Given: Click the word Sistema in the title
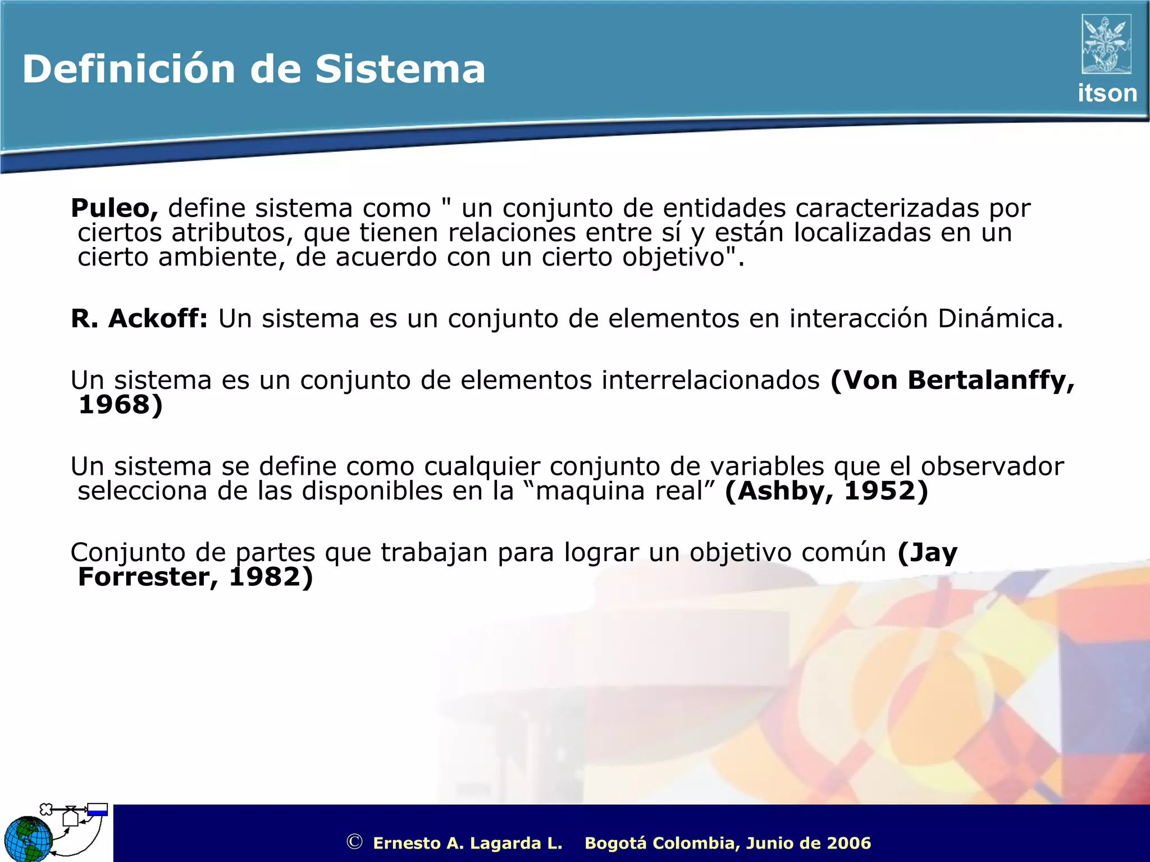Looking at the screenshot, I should [x=400, y=70].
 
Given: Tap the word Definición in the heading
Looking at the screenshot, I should [x=129, y=70].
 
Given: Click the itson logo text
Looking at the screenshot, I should [x=1107, y=93].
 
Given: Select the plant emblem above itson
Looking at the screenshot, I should [x=1106, y=44].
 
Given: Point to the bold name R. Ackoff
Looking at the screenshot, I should [x=139, y=319].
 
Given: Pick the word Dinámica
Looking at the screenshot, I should [x=1000, y=319].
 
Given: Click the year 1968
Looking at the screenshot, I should [x=114, y=405].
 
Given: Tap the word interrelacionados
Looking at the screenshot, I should [x=710, y=380].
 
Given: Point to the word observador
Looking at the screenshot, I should [x=992, y=466].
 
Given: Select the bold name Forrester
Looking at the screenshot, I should [x=144, y=577].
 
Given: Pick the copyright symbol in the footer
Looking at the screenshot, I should [x=354, y=842].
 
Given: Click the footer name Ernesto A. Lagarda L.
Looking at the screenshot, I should [x=467, y=843].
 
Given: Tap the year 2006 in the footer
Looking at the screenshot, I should [x=848, y=843].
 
